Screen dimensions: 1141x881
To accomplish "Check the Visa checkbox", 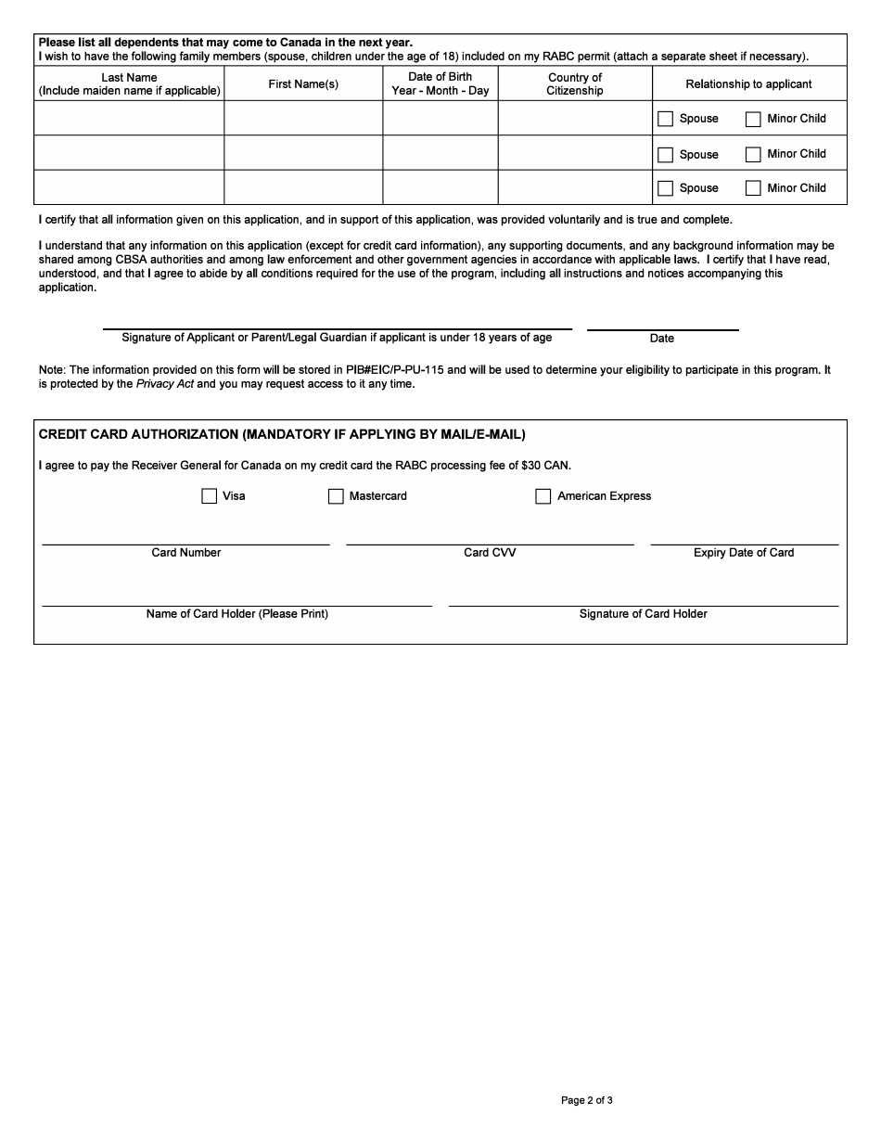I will (209, 496).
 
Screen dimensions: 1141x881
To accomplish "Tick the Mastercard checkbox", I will (336, 496).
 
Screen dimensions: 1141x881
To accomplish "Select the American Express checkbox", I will (543, 496).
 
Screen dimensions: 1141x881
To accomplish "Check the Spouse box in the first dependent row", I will (665, 119).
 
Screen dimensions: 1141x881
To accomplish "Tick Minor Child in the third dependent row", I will (753, 188).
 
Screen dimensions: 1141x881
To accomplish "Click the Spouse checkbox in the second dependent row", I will (665, 155).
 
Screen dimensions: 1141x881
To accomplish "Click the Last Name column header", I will (129, 83).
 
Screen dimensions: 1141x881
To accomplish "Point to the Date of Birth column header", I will (440, 83).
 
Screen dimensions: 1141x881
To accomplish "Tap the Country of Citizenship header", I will (575, 83).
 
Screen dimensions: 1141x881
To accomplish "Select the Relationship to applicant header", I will (748, 83).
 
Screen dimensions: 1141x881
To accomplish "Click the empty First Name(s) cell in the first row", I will (303, 118).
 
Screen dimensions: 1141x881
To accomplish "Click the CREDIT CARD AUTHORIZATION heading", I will (282, 434).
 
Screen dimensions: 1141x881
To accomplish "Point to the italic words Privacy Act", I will (165, 384).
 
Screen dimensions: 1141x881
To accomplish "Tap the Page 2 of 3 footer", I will (586, 1100).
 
